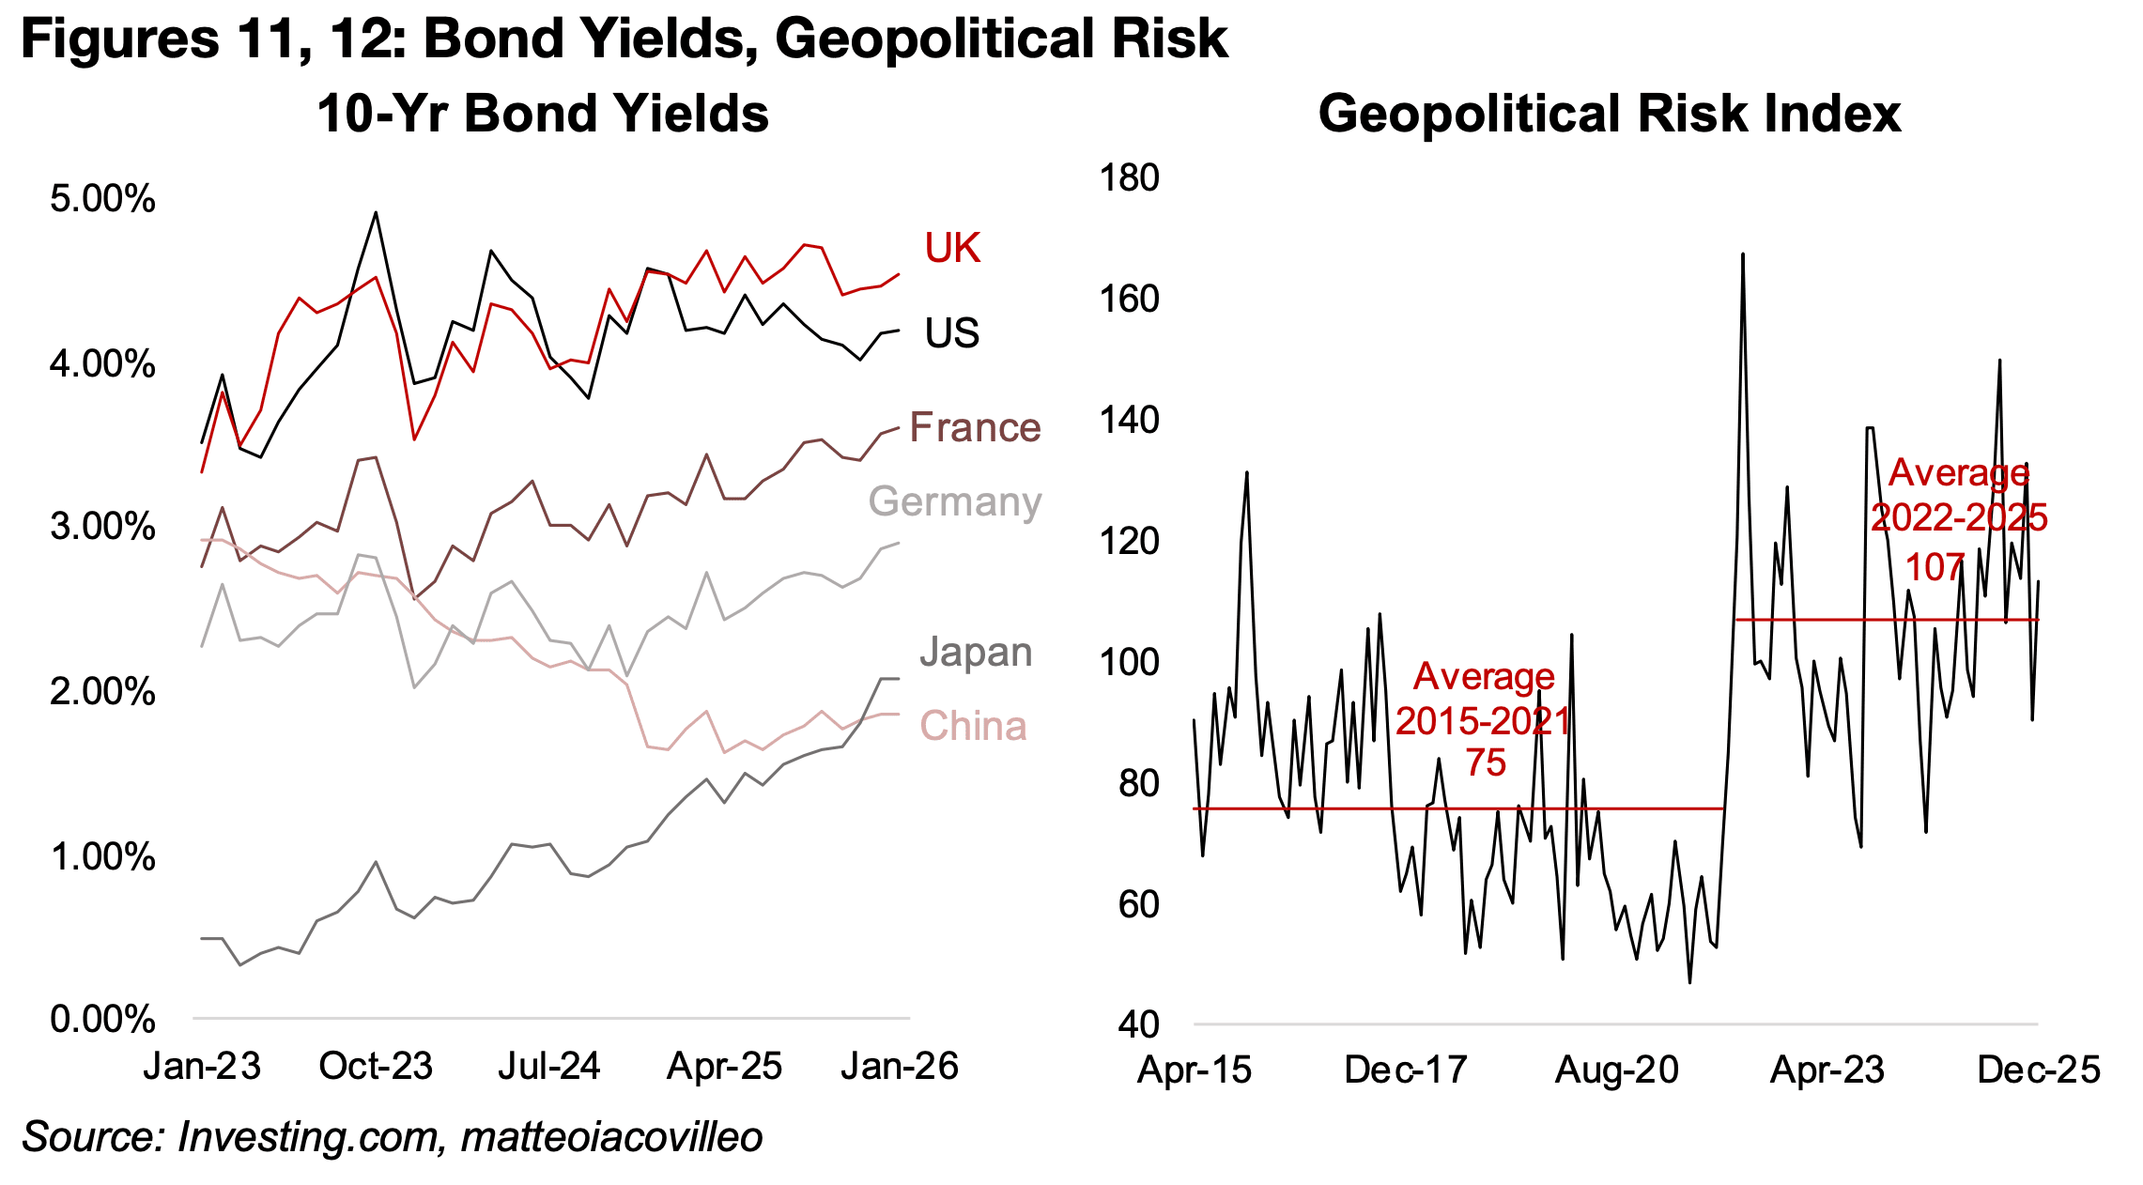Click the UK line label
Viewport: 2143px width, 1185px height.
(x=951, y=248)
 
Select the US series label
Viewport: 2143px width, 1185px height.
(x=951, y=333)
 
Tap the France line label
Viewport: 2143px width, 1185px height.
(x=975, y=427)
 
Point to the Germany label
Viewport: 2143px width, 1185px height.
(x=954, y=501)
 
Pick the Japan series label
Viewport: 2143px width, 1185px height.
(x=975, y=652)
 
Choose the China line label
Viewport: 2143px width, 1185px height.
(x=973, y=726)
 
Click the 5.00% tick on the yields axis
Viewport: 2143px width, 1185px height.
(x=102, y=199)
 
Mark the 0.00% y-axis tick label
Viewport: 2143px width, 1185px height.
(x=102, y=1019)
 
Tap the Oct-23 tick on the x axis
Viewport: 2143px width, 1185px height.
(x=376, y=1067)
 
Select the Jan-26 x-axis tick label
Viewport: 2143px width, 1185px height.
(x=899, y=1067)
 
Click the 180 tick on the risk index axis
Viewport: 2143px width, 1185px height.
(x=1129, y=177)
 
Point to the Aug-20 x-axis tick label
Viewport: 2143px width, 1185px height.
(x=1616, y=1070)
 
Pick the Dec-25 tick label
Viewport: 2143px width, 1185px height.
(x=2038, y=1070)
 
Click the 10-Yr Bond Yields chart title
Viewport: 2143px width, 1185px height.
(x=543, y=114)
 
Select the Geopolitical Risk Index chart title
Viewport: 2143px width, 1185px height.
(x=1609, y=114)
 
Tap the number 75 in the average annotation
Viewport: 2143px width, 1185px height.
(x=1486, y=762)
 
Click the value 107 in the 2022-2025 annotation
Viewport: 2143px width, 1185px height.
(x=1935, y=567)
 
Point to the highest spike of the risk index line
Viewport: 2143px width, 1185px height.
(x=1742, y=254)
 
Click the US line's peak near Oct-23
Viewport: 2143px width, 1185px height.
(x=376, y=213)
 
